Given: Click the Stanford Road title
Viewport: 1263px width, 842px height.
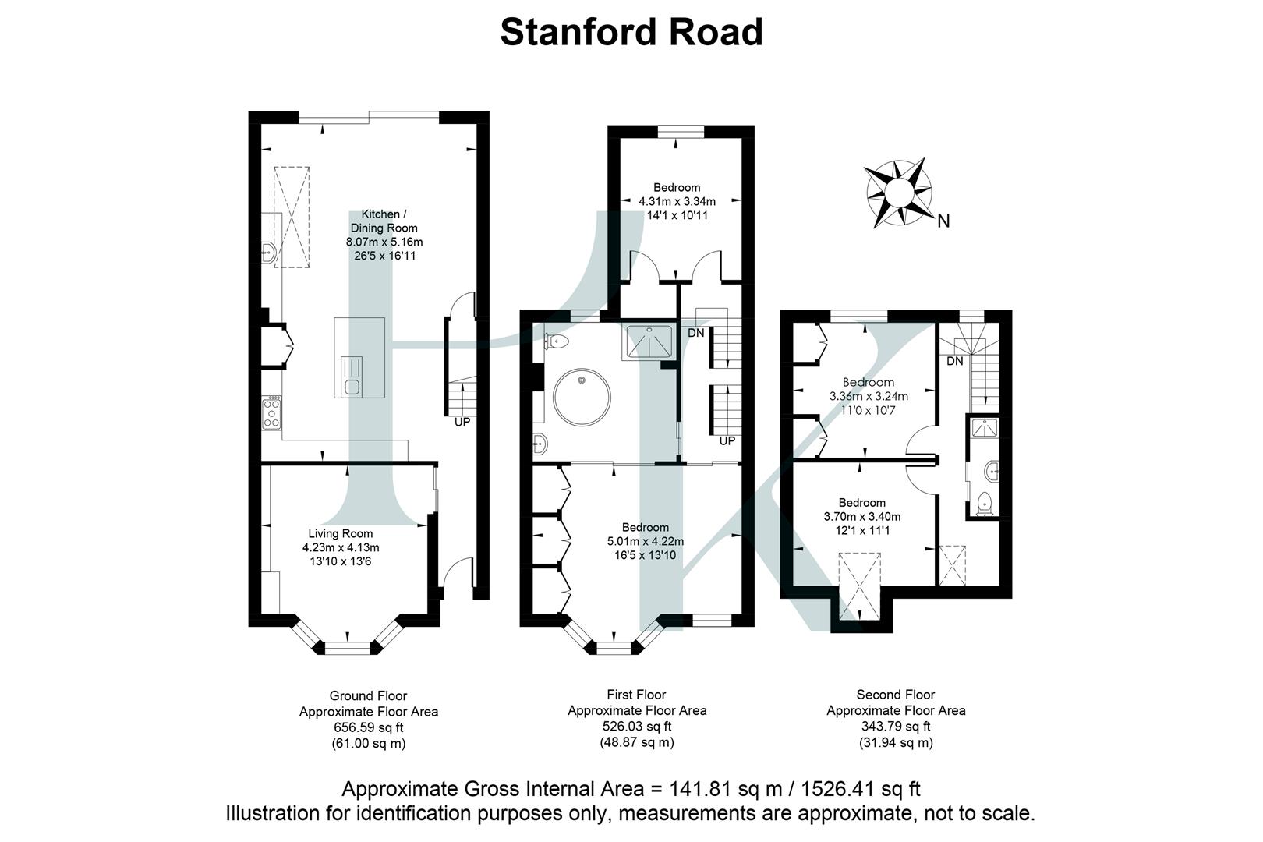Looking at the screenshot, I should tap(631, 33).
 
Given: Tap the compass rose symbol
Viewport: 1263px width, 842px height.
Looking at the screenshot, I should tap(899, 193).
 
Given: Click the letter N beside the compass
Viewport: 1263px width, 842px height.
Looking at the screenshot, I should tap(943, 221).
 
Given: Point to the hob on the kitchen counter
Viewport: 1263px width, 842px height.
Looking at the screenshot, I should tap(272, 412).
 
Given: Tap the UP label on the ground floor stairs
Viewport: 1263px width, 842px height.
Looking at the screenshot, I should tap(462, 422).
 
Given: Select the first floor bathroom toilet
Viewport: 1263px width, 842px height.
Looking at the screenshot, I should tap(558, 341).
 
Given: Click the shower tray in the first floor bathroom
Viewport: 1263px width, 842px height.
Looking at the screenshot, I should tap(649, 341).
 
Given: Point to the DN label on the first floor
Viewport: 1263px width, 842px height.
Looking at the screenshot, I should tap(696, 333).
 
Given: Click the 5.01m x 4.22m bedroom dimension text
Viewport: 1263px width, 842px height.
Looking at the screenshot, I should tap(645, 541).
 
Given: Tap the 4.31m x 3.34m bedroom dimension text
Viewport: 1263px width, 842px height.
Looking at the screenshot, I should tap(676, 201).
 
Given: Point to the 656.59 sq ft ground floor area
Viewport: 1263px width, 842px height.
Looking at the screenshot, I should tap(368, 727).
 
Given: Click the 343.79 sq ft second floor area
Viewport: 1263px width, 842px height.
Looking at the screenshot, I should tap(895, 726).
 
